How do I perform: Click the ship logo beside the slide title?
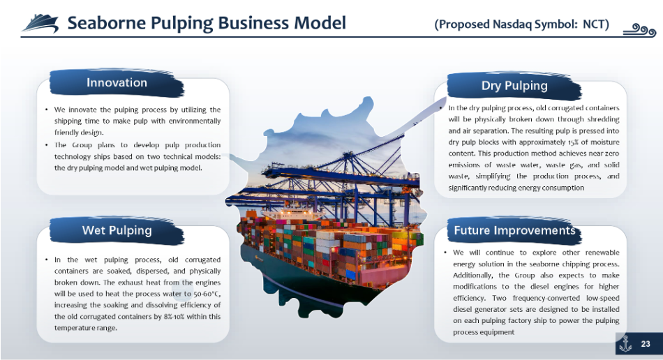(40, 23)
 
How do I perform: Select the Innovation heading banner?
(117, 83)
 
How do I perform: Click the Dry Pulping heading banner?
(514, 86)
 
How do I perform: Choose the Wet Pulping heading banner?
(117, 231)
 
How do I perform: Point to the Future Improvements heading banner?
(514, 231)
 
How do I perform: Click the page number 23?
(646, 344)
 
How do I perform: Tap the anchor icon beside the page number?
(625, 343)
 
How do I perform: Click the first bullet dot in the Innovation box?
(47, 110)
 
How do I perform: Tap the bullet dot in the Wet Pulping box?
(47, 260)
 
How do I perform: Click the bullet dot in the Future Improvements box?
(445, 253)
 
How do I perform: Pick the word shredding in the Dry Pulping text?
(604, 119)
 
